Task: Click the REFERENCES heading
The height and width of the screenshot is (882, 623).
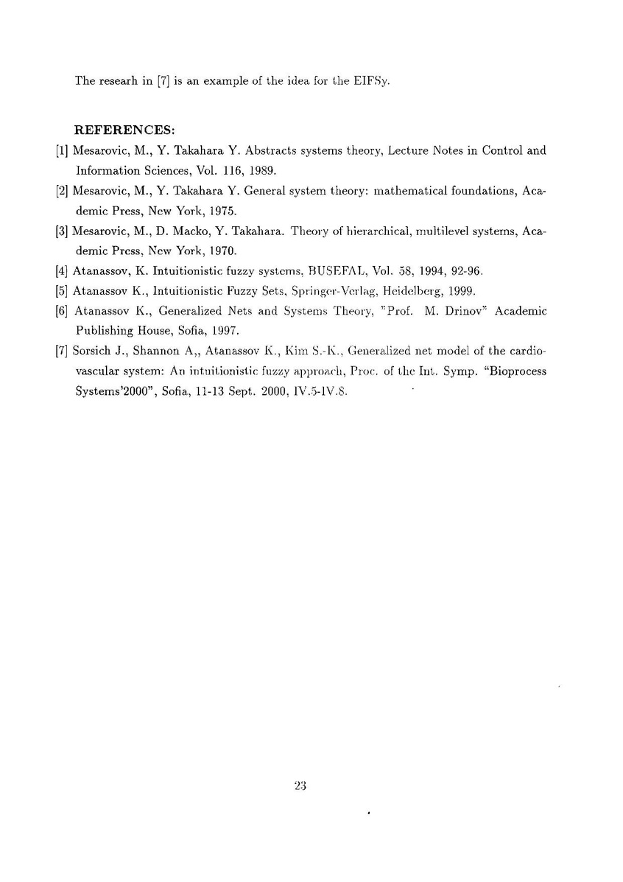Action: coord(124,130)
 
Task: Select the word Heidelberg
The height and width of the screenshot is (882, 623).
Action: coord(410,290)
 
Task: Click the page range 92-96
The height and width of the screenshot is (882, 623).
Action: coord(464,270)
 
